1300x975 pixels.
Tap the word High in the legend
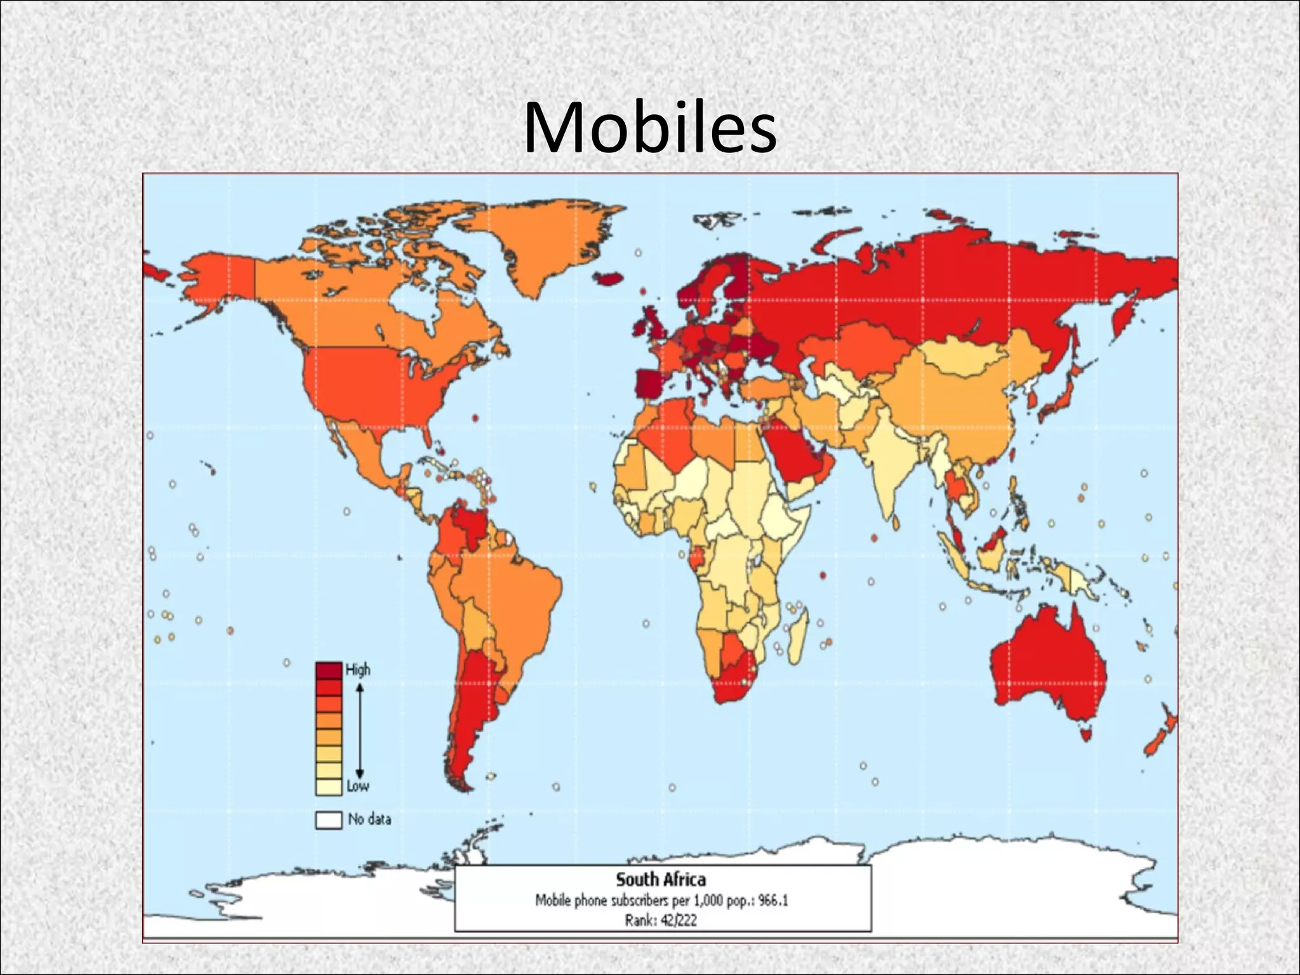pos(357,670)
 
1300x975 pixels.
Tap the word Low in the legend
pos(357,786)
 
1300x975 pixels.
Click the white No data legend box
pos(328,819)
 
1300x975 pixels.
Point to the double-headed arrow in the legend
pos(359,730)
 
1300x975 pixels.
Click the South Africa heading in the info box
pos(661,880)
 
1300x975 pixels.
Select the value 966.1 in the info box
pos(773,901)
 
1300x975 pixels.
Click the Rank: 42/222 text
pos(661,920)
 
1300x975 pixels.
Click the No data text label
pos(369,819)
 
